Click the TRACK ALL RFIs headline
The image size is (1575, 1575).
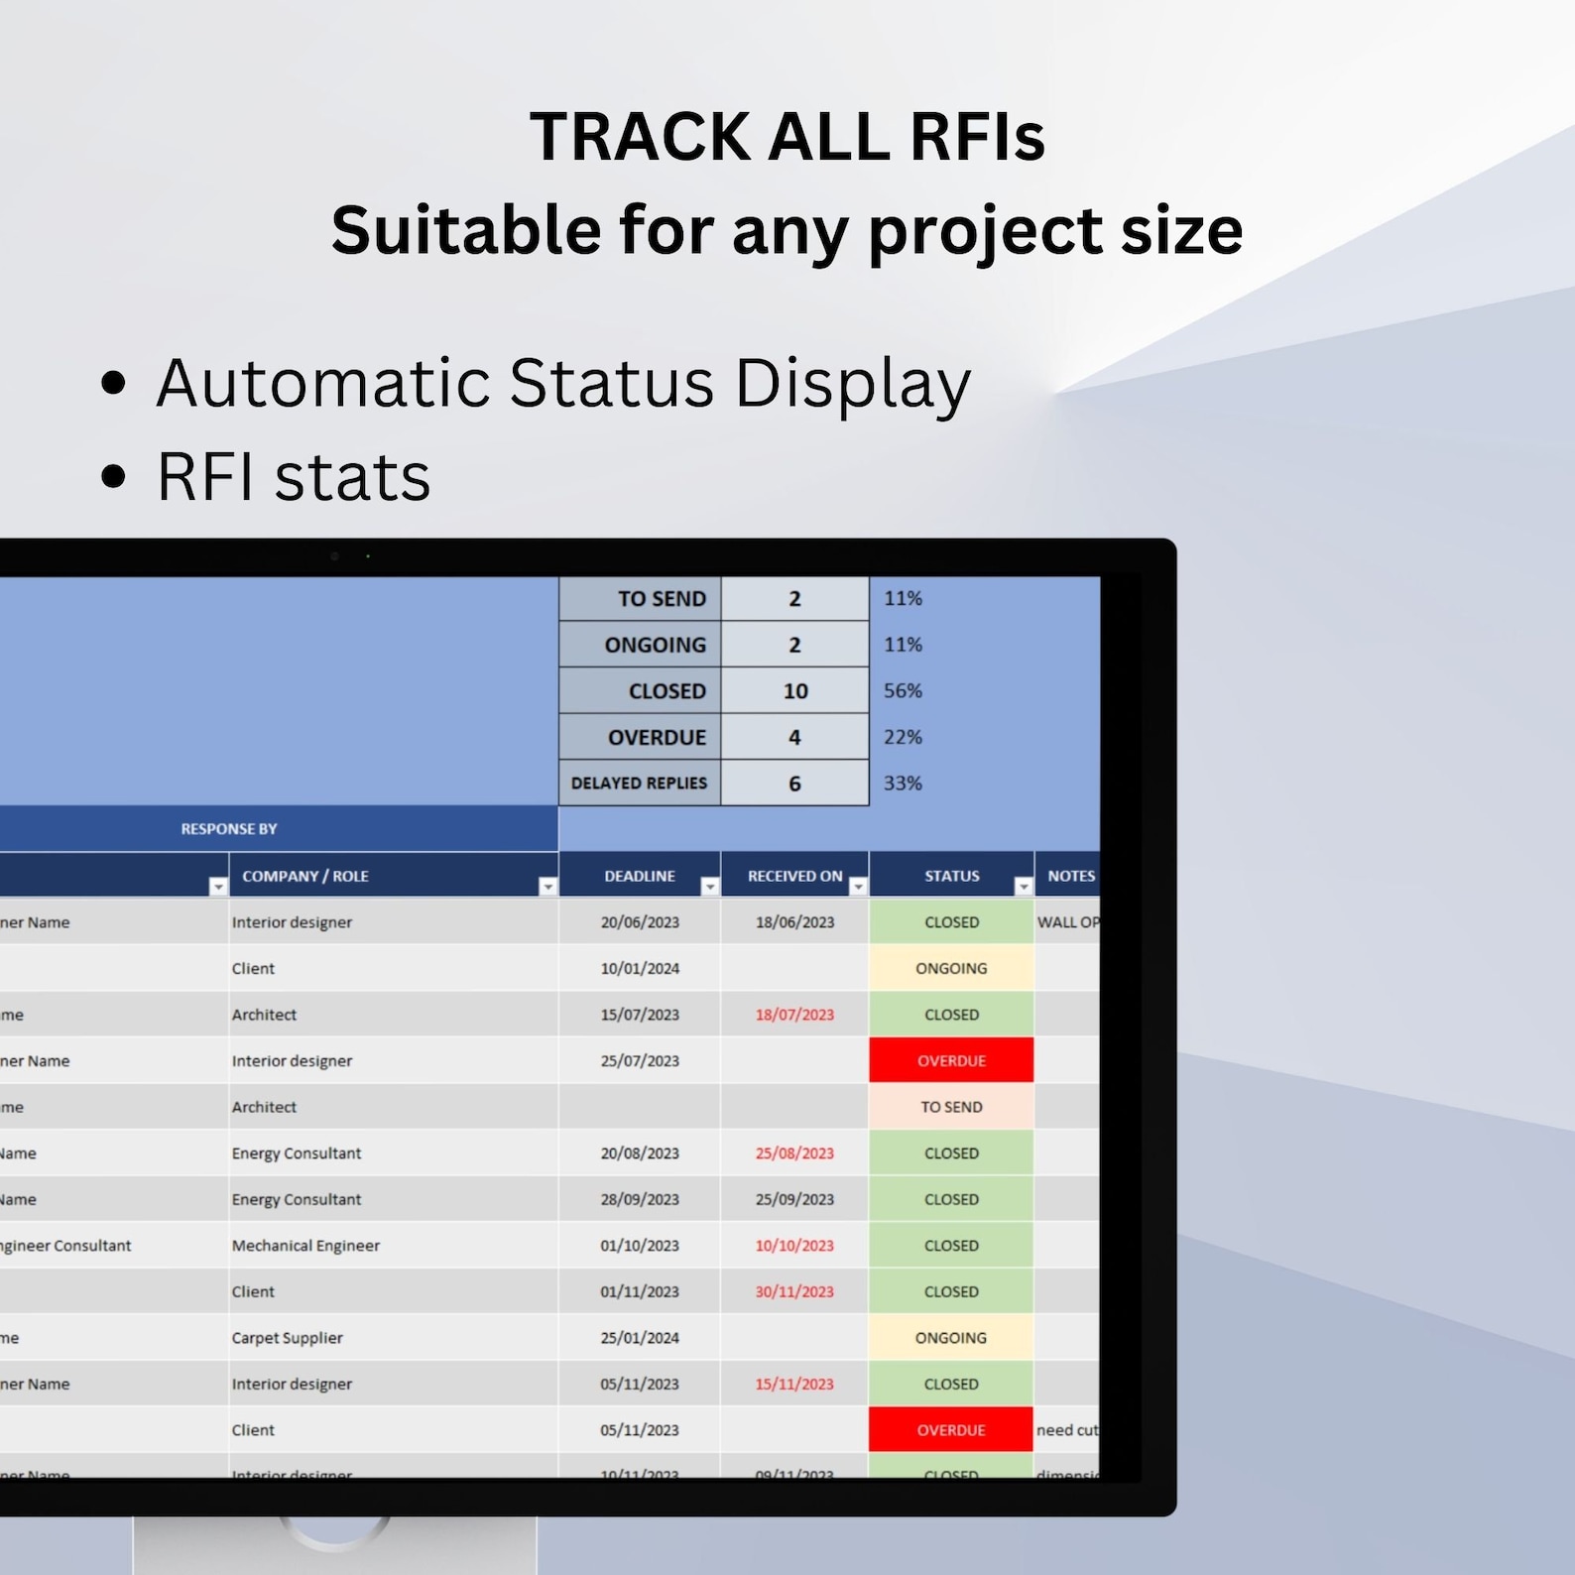pyautogui.click(x=787, y=136)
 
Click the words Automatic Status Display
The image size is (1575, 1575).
pyautogui.click(x=563, y=383)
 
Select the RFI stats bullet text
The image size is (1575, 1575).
pyautogui.click(x=294, y=477)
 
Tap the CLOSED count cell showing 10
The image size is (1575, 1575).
pyautogui.click(x=794, y=691)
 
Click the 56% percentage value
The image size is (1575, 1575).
pyautogui.click(x=903, y=690)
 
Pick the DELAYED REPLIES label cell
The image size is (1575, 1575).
pyautogui.click(x=639, y=784)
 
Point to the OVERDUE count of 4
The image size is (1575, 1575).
pyautogui.click(x=794, y=737)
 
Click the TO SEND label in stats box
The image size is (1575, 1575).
pyautogui.click(x=661, y=599)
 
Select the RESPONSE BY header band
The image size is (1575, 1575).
pyautogui.click(x=229, y=829)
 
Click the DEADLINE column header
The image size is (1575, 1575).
pyautogui.click(x=639, y=876)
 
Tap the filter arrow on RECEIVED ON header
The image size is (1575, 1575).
pyautogui.click(x=858, y=887)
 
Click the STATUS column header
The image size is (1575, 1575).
pyautogui.click(x=951, y=876)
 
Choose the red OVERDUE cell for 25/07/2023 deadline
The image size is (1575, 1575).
pyautogui.click(x=951, y=1060)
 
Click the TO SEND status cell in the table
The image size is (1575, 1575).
pyautogui.click(x=951, y=1107)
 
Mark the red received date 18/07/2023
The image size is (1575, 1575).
pyautogui.click(x=794, y=1015)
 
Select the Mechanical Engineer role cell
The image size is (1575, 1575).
pyautogui.click(x=305, y=1246)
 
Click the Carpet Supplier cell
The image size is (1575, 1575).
pyautogui.click(x=288, y=1338)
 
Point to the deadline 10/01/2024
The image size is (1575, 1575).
pyautogui.click(x=640, y=968)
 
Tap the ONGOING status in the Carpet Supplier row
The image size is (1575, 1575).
pyautogui.click(x=951, y=1338)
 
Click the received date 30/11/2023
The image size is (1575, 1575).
pyautogui.click(x=794, y=1291)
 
